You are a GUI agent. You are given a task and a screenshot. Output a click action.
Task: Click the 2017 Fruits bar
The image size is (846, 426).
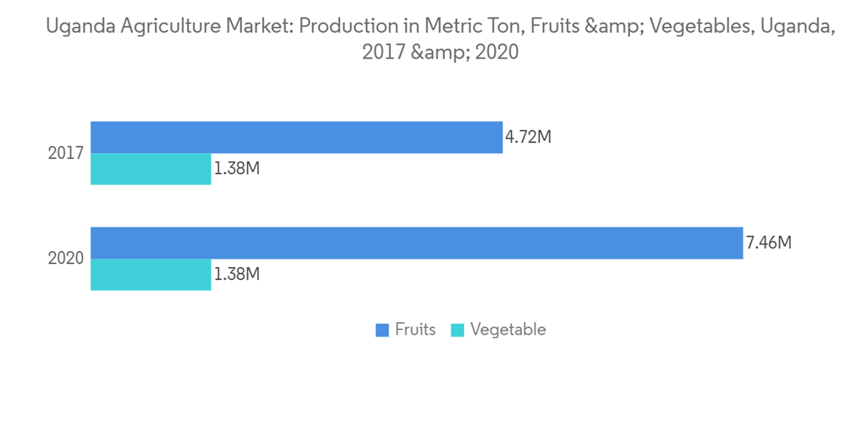(x=296, y=137)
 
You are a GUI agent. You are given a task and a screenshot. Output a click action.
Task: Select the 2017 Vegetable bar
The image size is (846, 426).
(x=151, y=169)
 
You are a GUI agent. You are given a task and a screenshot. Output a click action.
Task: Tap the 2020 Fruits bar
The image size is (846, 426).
(x=416, y=243)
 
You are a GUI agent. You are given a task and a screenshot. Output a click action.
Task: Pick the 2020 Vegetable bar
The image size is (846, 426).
(x=151, y=275)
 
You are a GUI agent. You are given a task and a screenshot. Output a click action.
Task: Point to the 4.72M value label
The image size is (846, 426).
(x=528, y=137)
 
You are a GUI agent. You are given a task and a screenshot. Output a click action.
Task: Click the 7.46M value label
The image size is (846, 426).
(x=768, y=243)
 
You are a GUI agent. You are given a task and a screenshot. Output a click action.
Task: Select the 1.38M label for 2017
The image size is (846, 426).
(x=236, y=169)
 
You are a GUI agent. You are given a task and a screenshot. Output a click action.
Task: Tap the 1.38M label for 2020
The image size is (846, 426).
(x=236, y=275)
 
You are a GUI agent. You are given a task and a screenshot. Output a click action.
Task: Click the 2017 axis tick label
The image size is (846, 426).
(x=65, y=154)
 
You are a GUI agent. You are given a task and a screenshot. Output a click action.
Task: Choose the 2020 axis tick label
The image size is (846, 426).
(x=65, y=259)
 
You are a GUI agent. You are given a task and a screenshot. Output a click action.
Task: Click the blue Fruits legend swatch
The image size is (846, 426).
(x=382, y=330)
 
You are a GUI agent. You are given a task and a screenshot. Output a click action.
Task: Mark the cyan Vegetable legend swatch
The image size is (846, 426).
(x=457, y=330)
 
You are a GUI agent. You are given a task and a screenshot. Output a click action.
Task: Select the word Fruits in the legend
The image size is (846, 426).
(x=415, y=330)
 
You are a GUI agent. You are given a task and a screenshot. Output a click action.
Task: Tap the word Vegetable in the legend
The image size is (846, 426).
(x=508, y=330)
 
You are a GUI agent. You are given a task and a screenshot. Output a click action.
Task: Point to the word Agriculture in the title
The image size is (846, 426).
(x=161, y=28)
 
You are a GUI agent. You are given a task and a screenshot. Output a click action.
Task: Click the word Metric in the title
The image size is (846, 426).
(x=446, y=27)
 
